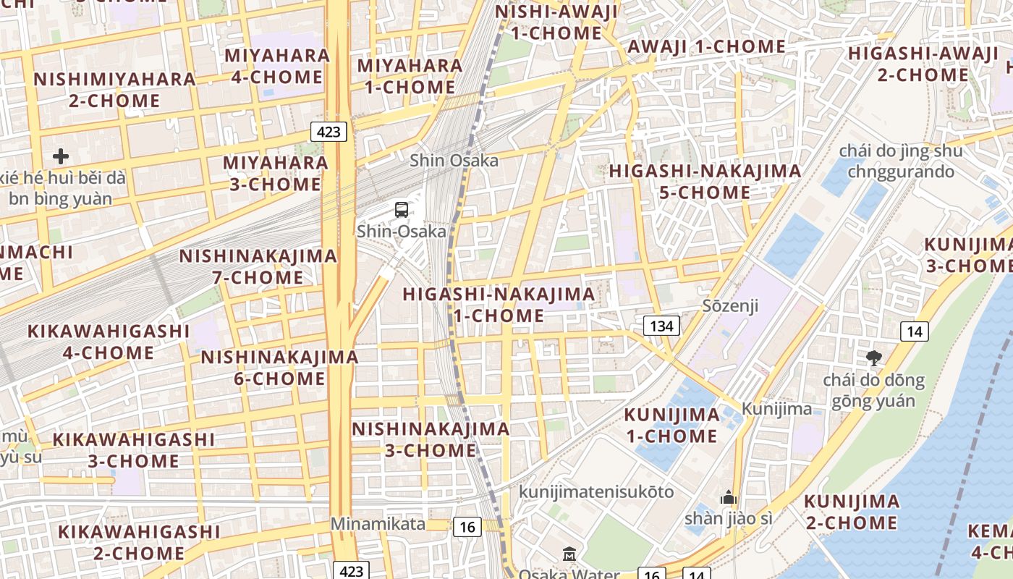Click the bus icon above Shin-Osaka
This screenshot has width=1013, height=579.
pos(402,210)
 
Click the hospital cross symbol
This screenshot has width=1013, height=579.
pos(61,156)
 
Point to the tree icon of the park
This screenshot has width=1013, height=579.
pos(874,357)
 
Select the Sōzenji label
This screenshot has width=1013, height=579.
pos(730,305)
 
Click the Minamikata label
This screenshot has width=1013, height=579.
pos(378,523)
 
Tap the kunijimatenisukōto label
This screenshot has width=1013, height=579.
pos(595,492)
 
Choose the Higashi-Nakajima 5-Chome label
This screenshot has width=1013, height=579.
pos(705,182)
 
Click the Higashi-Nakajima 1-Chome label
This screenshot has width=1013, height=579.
pos(499,305)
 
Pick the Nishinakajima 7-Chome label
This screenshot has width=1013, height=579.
pos(258,266)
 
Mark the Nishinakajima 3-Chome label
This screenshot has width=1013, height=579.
pos(431,439)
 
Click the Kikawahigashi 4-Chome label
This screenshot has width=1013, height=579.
pos(109,342)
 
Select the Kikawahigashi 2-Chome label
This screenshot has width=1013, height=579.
pos(139,542)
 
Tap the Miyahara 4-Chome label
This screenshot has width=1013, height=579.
pos(277,66)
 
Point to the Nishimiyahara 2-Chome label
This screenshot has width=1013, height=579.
pos(114,90)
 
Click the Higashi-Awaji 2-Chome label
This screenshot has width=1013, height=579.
pos(923,64)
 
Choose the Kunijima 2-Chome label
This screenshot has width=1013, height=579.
pos(852,512)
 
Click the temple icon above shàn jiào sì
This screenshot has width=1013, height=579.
pos(728,498)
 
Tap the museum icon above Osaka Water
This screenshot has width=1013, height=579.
pos(569,554)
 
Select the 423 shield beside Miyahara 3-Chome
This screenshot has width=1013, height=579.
pos(329,132)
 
